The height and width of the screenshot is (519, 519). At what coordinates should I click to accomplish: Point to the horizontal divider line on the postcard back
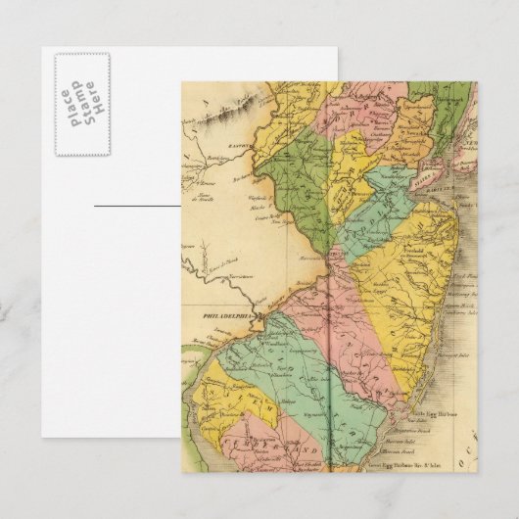(137, 206)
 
